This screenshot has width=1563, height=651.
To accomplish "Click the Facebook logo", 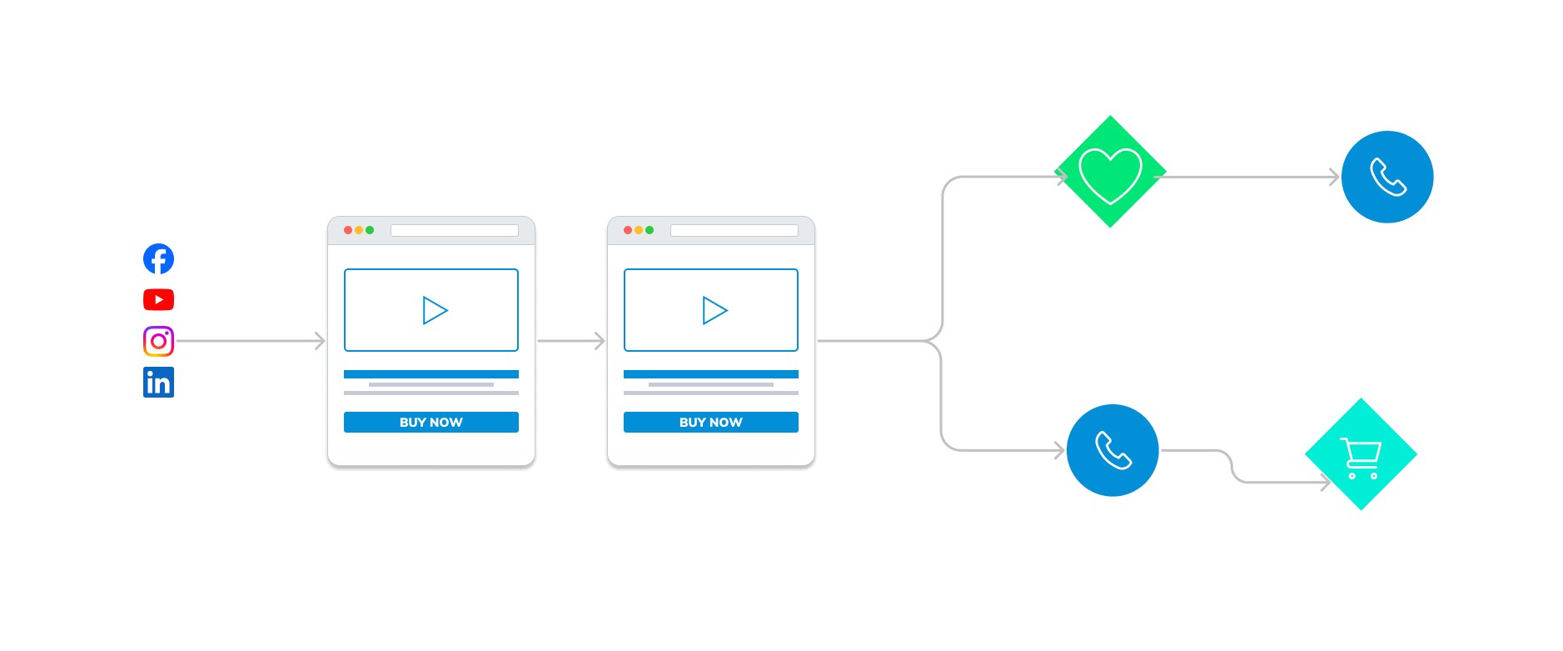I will (x=158, y=258).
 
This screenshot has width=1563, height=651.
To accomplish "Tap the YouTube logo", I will (x=158, y=299).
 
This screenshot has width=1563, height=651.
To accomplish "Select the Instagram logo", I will (x=158, y=341).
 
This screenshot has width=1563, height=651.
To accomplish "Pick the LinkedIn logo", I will (x=158, y=383).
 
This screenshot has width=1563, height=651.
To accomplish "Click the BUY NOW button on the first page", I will (x=431, y=422).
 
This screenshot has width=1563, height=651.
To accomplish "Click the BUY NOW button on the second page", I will (x=710, y=422).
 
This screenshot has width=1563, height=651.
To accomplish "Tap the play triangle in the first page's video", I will (x=434, y=310).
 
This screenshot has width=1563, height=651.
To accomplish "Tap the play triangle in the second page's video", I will (x=714, y=310).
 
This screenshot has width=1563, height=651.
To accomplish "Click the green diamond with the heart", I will (x=1110, y=173).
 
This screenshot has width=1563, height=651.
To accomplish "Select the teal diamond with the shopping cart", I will (x=1361, y=454).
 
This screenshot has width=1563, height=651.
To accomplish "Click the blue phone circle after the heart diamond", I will (x=1387, y=177).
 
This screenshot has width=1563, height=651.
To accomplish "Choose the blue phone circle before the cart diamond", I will (x=1113, y=450).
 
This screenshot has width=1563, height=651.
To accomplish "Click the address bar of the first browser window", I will (x=454, y=230).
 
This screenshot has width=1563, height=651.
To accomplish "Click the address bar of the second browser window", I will (x=734, y=230).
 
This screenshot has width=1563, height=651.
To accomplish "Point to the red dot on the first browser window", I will (x=348, y=230).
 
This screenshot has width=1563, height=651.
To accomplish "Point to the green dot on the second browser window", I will (x=650, y=230).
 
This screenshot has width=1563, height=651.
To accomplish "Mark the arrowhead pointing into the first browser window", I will (x=320, y=341).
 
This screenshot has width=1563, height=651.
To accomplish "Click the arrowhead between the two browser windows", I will (x=600, y=341).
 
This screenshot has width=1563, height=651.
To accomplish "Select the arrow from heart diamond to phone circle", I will (x=1249, y=177).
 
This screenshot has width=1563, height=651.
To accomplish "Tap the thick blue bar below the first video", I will (x=431, y=374).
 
